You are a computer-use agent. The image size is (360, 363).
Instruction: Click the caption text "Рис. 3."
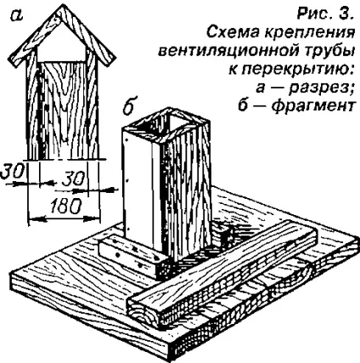click(325, 14)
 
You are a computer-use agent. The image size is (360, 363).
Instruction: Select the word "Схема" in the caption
click(231, 32)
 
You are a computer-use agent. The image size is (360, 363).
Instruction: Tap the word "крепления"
click(307, 34)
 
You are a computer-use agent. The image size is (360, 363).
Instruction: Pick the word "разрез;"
click(319, 88)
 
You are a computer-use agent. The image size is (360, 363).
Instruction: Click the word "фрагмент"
click(311, 105)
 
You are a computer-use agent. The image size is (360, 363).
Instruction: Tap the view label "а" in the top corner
click(17, 16)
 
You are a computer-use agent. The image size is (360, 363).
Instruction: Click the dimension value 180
click(65, 206)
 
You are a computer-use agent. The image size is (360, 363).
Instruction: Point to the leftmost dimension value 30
click(12, 172)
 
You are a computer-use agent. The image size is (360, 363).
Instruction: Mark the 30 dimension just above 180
click(73, 179)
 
